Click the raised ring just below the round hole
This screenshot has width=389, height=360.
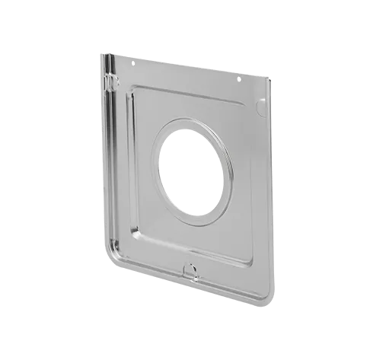(199, 223)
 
